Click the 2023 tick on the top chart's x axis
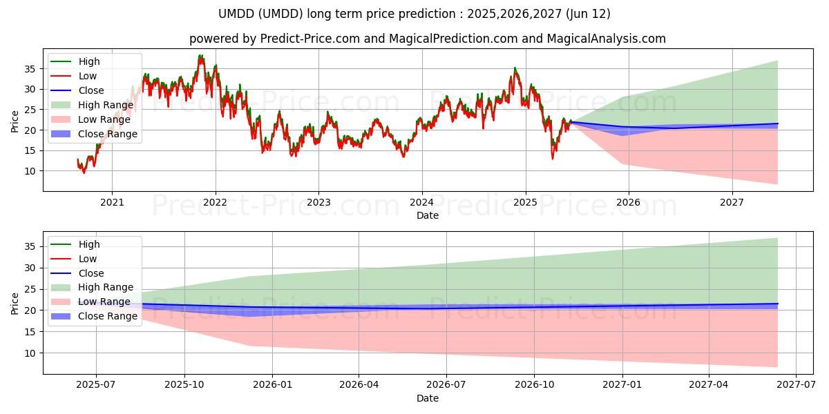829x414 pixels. click(318, 202)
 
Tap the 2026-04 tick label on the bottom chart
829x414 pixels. click(359, 385)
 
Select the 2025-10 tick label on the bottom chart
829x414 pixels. click(184, 385)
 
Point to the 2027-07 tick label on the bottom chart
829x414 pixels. click(796, 385)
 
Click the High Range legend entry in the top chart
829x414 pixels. click(106, 105)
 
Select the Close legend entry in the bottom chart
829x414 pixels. click(91, 273)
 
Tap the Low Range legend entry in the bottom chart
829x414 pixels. click(104, 302)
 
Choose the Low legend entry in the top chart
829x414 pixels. click(88, 76)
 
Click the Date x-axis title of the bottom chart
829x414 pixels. click(428, 399)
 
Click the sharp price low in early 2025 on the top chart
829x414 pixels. click(552, 158)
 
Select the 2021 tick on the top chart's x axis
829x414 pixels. click(112, 202)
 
